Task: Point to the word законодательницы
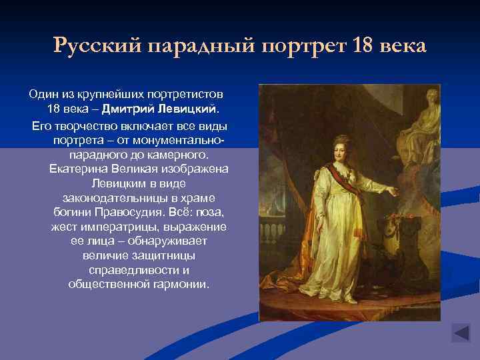tap(139, 197)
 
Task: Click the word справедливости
tap(139, 269)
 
